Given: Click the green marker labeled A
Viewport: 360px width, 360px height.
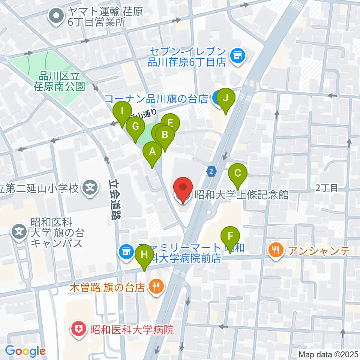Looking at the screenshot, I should pyautogui.click(x=152, y=152).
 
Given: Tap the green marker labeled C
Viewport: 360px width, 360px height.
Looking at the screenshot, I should pyautogui.click(x=238, y=174).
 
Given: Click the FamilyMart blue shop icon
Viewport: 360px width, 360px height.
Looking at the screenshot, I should pyautogui.click(x=125, y=251).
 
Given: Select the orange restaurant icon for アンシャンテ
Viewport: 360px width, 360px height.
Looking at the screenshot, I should pyautogui.click(x=276, y=250).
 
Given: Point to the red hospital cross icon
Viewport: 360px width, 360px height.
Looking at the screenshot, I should pyautogui.click(x=79, y=330).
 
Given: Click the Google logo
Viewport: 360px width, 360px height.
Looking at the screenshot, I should pyautogui.click(x=25, y=351).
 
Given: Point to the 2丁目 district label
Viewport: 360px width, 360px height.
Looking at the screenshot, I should pyautogui.click(x=327, y=188).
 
